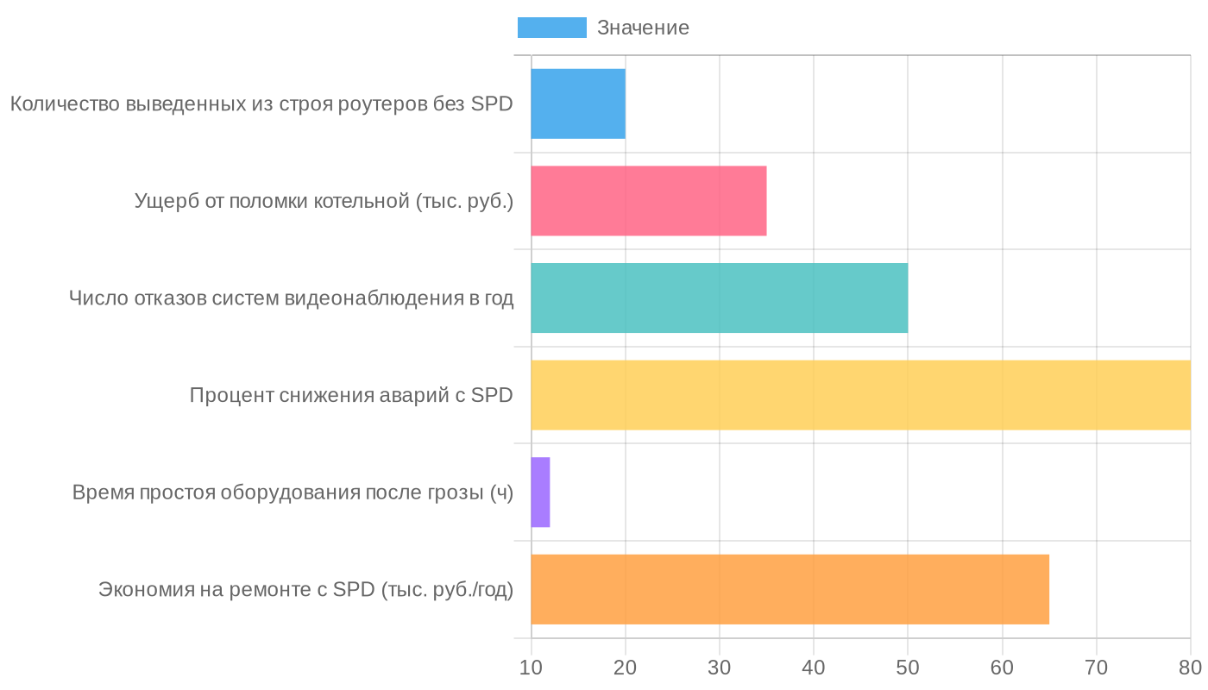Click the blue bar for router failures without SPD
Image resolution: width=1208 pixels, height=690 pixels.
pos(578,103)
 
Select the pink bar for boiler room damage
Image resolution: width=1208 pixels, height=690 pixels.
pos(649,201)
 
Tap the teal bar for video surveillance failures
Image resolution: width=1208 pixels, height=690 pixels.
pos(719,298)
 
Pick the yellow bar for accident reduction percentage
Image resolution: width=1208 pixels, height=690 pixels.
pos(860,395)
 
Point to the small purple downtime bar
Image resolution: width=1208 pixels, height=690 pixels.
pos(540,492)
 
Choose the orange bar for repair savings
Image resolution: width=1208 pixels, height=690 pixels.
pos(790,589)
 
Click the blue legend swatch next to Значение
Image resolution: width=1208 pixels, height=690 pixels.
pos(551,28)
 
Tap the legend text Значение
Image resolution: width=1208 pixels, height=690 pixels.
pos(643,28)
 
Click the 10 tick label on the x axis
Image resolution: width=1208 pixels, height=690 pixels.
pos(532,668)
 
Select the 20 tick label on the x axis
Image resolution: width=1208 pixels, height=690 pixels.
pos(626,668)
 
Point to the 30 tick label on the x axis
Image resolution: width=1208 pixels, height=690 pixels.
pos(720,668)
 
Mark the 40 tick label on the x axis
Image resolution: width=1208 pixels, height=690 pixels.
pos(814,668)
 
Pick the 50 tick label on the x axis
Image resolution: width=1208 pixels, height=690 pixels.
pos(908,668)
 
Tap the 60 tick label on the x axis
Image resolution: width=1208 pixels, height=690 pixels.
pos(1002,668)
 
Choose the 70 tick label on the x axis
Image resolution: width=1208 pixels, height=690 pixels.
pos(1096,668)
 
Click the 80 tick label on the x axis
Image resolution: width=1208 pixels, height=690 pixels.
pos(1190,668)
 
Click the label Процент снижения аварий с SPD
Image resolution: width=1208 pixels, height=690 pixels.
pos(351,396)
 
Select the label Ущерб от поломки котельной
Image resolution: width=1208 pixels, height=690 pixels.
pos(324,202)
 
